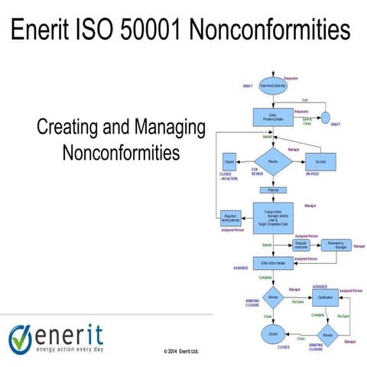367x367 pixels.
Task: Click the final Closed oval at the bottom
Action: pyautogui.click(x=272, y=334)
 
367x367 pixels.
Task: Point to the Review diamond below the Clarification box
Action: pyautogui.click(x=326, y=335)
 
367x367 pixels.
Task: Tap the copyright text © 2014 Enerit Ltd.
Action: pyautogui.click(x=181, y=351)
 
